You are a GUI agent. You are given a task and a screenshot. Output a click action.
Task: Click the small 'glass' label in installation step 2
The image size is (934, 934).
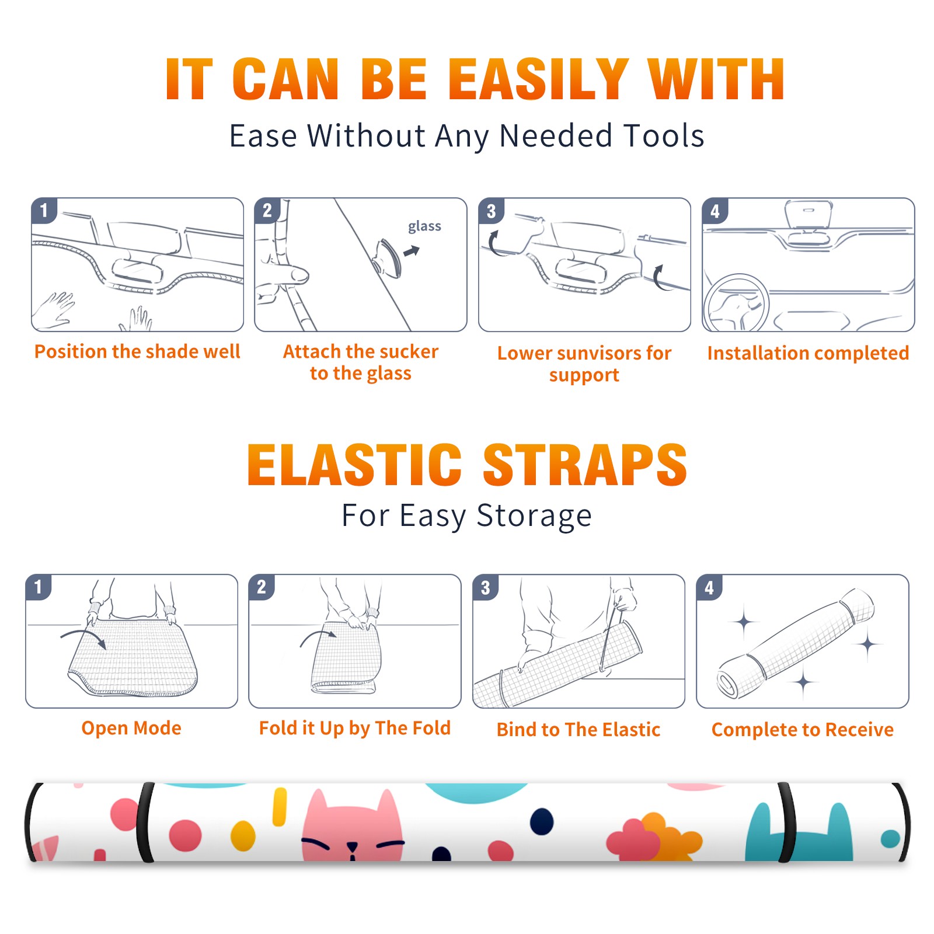tap(424, 226)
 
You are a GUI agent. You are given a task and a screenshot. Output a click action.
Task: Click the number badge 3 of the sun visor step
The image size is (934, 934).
tap(491, 211)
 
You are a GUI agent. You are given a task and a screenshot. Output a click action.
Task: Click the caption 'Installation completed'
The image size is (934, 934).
tap(808, 353)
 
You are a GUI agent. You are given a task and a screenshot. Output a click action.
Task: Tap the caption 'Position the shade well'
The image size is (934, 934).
tap(137, 351)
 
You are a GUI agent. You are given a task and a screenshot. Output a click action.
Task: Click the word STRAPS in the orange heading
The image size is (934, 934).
tap(585, 465)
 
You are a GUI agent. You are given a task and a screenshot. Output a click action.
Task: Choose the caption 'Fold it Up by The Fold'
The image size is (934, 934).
tap(355, 729)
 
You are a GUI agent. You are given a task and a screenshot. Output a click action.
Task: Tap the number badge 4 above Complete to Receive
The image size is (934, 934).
tap(709, 587)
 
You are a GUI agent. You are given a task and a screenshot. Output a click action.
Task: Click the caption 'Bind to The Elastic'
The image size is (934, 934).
tap(578, 730)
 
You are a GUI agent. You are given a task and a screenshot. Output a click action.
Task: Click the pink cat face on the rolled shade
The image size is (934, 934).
tap(352, 826)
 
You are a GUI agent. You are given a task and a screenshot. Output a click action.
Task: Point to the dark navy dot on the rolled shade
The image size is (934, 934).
tap(542, 821)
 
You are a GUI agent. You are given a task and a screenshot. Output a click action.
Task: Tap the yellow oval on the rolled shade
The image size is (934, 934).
tap(243, 836)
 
